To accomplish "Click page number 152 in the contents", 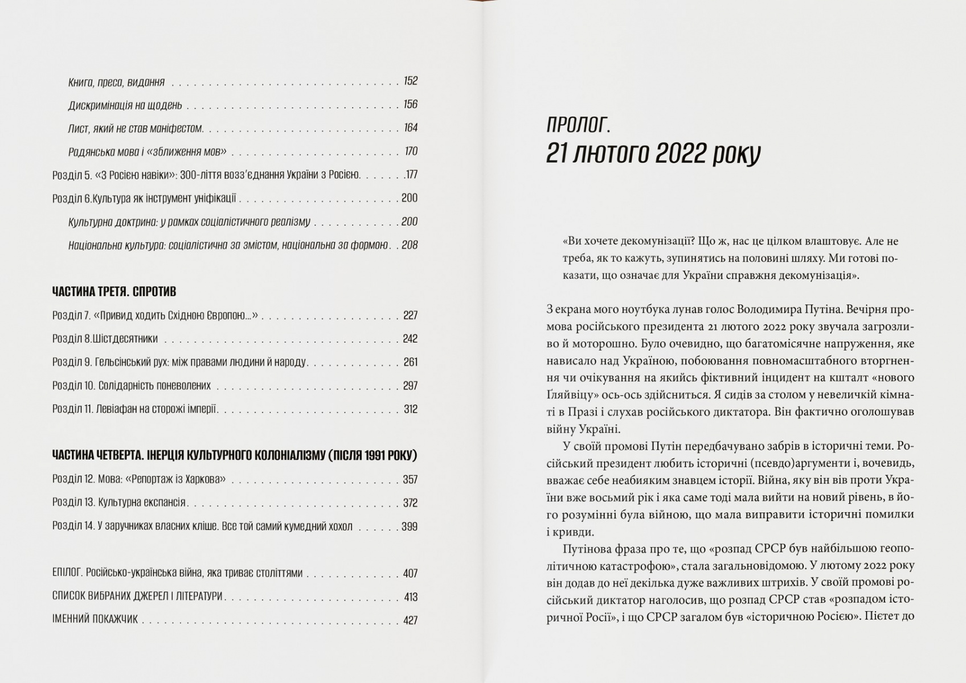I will (x=410, y=81).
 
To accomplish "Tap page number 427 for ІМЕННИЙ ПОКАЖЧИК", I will (x=410, y=620).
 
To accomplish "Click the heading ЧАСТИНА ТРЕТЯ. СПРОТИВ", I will (x=114, y=291).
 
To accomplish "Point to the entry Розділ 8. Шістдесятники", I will (x=105, y=339).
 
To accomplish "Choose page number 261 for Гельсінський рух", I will (x=410, y=362).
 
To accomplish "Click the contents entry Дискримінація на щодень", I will (x=125, y=105).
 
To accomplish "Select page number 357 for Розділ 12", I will (x=410, y=479).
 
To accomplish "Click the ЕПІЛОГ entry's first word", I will (x=68, y=573).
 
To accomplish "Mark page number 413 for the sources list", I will (x=410, y=596).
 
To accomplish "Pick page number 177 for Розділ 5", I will (x=411, y=175).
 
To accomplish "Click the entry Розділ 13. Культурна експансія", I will (x=118, y=503).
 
